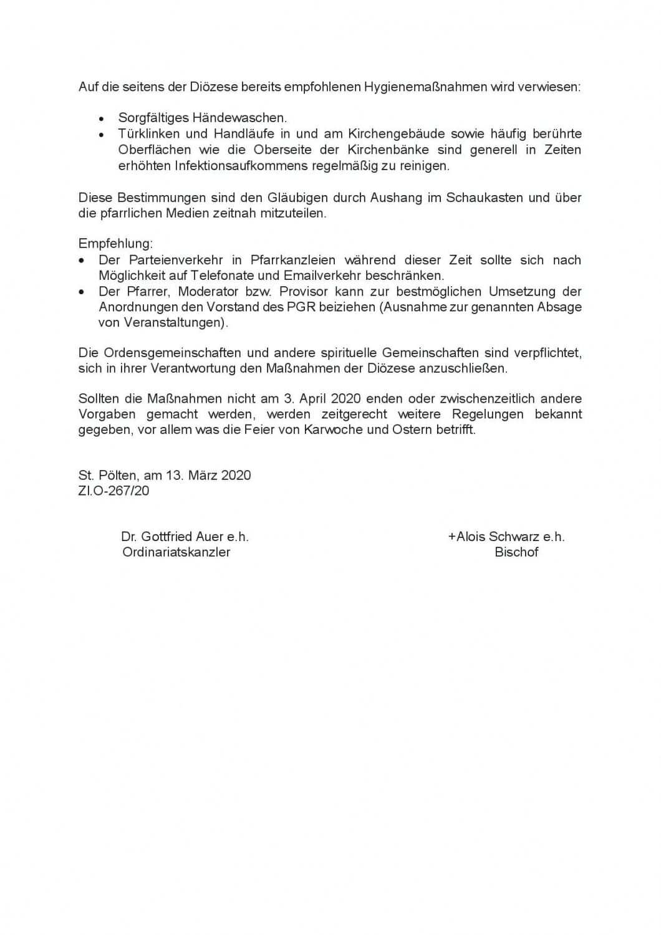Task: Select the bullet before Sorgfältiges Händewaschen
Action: point(102,118)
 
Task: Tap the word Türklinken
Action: point(148,134)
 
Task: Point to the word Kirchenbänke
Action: point(388,150)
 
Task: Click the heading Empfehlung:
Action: point(115,243)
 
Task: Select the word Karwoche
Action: point(343,430)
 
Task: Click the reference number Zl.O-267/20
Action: point(114,491)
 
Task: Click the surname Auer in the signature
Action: point(209,537)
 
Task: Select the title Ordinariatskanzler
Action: point(176,552)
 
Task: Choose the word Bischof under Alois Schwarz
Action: point(516,552)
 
